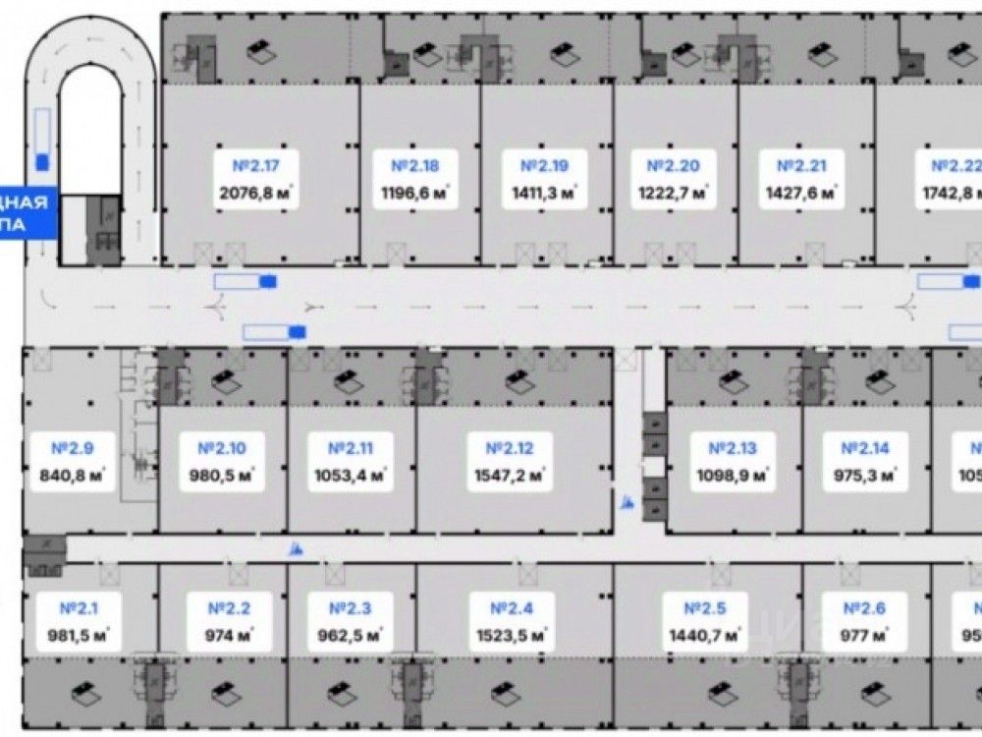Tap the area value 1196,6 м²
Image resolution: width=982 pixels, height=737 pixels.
coord(415,193)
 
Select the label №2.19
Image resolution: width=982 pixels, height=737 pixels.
coord(544,166)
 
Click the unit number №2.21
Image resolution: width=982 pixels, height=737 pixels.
coord(801,166)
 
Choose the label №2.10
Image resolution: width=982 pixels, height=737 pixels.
coord(221,448)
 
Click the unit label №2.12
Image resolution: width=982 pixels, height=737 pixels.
coord(510,448)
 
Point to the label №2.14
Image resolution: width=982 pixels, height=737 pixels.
coord(865,448)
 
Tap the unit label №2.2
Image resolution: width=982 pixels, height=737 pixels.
coord(230,608)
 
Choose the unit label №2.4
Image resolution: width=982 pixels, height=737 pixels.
coord(510,608)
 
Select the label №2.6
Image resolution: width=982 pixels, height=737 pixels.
coord(865,608)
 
